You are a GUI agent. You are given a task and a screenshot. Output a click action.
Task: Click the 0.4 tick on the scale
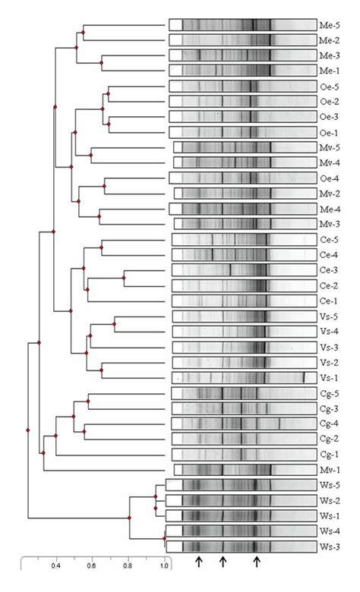point(55,565)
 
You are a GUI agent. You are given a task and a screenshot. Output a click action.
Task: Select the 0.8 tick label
point(128,565)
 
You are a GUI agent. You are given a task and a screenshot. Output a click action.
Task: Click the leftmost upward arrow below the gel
point(198,562)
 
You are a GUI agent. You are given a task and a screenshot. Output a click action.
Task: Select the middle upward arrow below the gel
point(223,562)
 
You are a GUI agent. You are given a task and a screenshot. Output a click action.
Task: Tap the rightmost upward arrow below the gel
point(257,562)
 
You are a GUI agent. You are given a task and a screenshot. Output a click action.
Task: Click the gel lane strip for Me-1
point(242,71)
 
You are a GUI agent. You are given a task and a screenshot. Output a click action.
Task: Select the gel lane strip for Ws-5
point(242,485)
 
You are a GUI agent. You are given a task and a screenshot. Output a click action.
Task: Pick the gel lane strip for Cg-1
point(242,454)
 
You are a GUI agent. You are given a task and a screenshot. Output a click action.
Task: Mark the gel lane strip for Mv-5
point(242,147)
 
